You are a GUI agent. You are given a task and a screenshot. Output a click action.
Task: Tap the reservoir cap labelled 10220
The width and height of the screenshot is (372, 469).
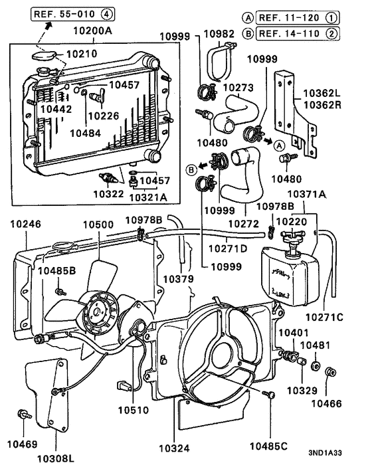pos(291,239)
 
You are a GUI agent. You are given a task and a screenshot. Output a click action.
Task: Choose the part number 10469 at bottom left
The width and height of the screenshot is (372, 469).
pos(22,444)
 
